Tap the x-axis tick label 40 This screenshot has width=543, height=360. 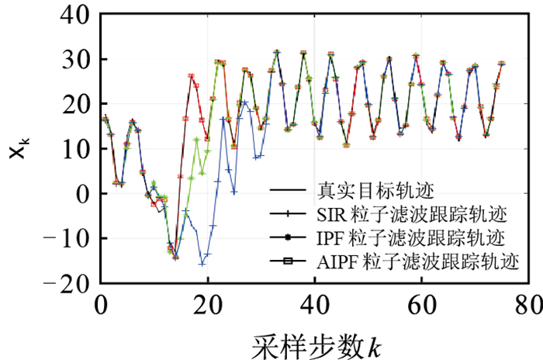click(x=315, y=303)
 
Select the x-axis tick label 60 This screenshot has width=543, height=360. click(x=422, y=303)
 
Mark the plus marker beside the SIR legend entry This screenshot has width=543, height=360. click(x=288, y=213)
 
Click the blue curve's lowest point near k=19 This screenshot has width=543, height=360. click(x=202, y=264)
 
